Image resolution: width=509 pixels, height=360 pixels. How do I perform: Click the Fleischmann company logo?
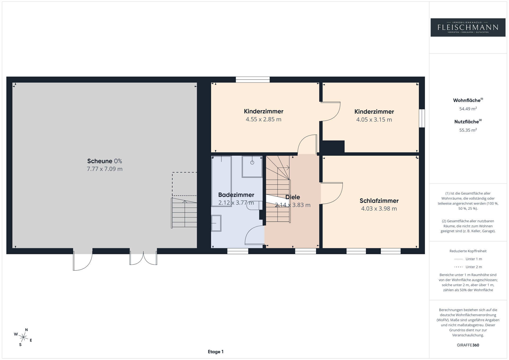pos(468,27)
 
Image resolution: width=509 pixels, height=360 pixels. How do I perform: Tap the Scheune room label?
pos(100,161)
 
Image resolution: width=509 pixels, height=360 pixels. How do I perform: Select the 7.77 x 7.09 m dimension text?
pos(105,169)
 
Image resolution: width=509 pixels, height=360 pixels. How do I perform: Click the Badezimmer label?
pos(236,195)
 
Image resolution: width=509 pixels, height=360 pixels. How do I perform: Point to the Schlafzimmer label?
pos(379,201)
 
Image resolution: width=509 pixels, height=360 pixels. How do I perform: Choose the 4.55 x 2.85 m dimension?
pos(264,119)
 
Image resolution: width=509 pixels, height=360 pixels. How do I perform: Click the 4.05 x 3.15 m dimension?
pos(374,120)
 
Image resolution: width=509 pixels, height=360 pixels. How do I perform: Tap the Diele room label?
pos(293,197)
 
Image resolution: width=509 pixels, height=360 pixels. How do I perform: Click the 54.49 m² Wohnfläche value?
pos(468,109)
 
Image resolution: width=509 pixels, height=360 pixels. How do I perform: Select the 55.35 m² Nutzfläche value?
pos(468,130)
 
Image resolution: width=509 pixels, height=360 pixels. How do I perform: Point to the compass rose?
pos(24,337)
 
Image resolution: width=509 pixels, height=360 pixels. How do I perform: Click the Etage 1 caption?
pos(216,352)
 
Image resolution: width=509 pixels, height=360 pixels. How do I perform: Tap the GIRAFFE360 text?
pos(468,345)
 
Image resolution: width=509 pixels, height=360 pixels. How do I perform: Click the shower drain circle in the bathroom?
pos(252,163)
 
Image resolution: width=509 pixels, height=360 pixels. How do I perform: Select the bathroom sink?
pos(216,223)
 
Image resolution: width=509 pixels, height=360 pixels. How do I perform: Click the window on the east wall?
pos(422,118)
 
